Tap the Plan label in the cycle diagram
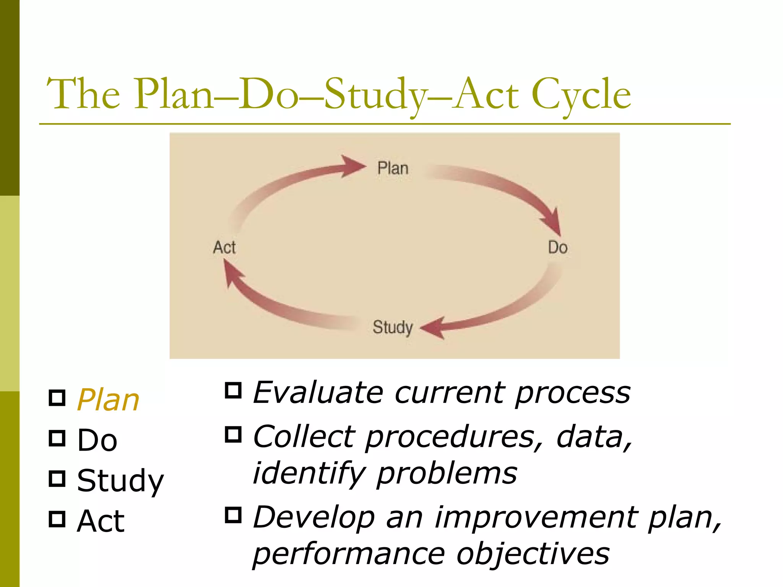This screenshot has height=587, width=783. click(x=393, y=168)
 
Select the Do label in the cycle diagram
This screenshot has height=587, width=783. click(x=557, y=248)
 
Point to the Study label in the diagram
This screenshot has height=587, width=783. click(x=393, y=328)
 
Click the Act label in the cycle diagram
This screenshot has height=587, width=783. click(x=224, y=248)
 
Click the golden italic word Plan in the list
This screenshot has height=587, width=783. click(x=108, y=400)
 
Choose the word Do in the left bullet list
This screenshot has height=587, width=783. click(x=97, y=440)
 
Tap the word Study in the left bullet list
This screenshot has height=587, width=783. click(x=120, y=481)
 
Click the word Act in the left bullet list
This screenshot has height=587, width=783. click(x=101, y=521)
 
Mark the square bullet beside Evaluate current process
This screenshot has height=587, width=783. click(x=233, y=390)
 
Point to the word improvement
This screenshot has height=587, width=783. click(x=536, y=517)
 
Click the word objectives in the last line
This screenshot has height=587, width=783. click(x=533, y=554)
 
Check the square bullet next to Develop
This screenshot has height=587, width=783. click(x=233, y=515)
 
